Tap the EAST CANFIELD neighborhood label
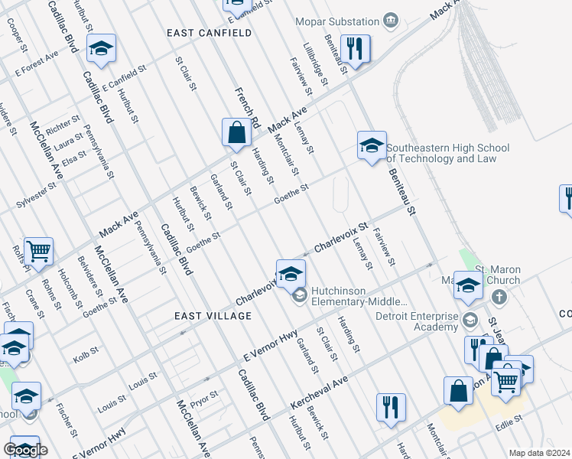coord(209,33)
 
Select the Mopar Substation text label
coord(338,21)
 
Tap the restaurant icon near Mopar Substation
coord(355,48)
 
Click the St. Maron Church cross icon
coord(499,297)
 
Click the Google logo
coord(25,450)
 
